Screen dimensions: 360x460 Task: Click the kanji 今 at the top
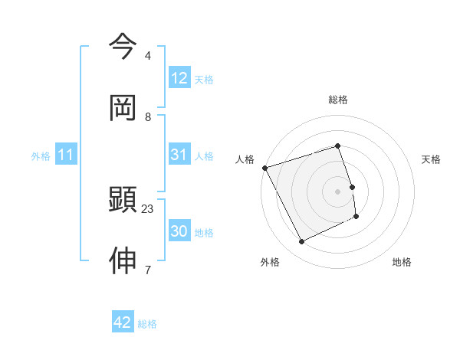(x=123, y=47)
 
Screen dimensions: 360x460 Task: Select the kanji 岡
(x=123, y=108)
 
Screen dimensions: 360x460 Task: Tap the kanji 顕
(x=123, y=200)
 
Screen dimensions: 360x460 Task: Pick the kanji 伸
(x=123, y=261)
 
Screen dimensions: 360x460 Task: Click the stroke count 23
(x=148, y=208)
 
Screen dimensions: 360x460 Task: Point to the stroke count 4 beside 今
(x=148, y=56)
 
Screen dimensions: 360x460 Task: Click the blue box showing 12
(x=179, y=78)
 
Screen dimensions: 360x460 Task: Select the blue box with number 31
(x=179, y=155)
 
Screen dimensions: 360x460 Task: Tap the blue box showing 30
(x=179, y=231)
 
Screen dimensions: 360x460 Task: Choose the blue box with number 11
(x=66, y=155)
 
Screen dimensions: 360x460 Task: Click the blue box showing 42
(x=123, y=322)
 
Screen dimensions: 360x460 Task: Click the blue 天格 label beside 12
(x=204, y=79)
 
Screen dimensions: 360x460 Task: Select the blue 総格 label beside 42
(x=147, y=323)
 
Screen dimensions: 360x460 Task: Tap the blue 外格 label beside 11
(x=41, y=155)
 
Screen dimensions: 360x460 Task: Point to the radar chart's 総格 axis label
(x=338, y=100)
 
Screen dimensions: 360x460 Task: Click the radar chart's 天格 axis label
(x=432, y=159)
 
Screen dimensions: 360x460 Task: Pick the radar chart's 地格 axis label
(x=402, y=262)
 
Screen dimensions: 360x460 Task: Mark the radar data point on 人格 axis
(x=265, y=168)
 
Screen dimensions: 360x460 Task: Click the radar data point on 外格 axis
(x=302, y=242)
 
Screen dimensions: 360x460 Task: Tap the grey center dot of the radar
(x=338, y=191)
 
